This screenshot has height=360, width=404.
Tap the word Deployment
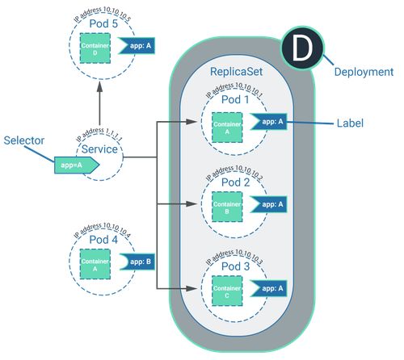point(364,72)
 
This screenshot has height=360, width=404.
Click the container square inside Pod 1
point(227,127)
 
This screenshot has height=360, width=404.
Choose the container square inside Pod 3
point(227,290)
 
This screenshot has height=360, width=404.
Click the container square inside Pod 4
point(96,263)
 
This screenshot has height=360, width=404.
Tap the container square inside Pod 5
point(96,49)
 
